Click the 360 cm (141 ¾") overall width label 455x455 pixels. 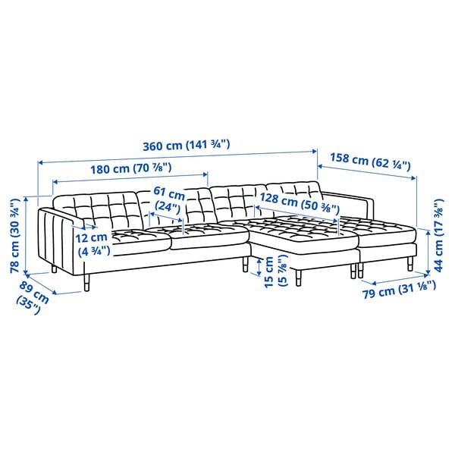click(x=187, y=145)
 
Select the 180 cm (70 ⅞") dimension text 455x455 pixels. click(x=131, y=168)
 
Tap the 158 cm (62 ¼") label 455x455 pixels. click(x=370, y=162)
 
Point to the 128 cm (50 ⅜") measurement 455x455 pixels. click(x=300, y=202)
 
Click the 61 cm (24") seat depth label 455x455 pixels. click(x=169, y=199)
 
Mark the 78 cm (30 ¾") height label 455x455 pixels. click(x=15, y=236)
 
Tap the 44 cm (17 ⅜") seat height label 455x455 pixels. click(x=438, y=235)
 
